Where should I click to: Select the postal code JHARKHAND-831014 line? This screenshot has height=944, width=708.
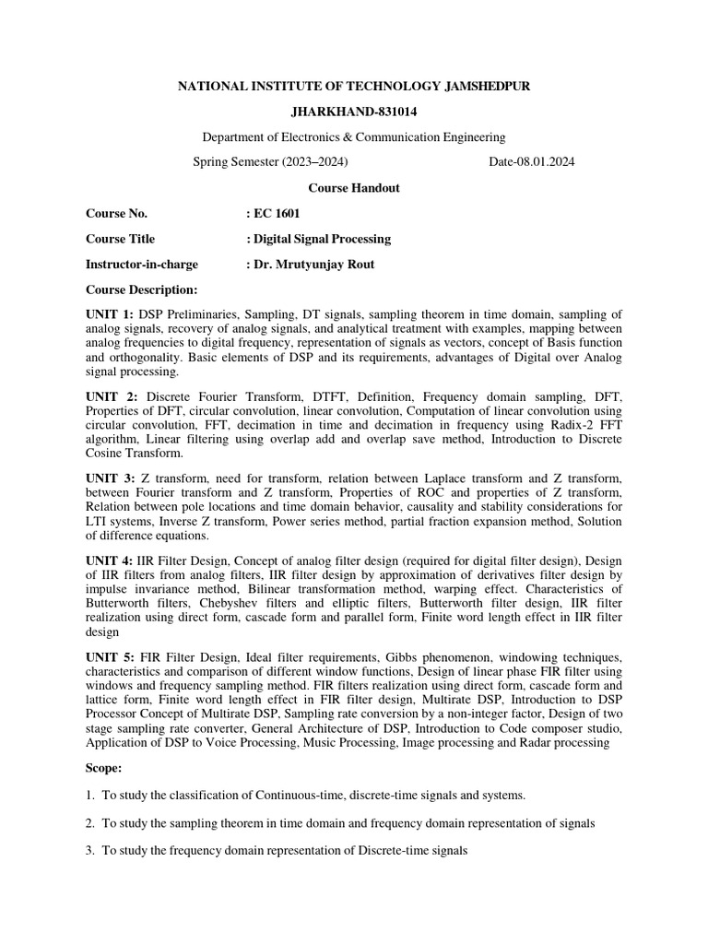[353, 112]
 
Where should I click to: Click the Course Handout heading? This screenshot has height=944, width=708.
[353, 188]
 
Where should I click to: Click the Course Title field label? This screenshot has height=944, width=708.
[121, 239]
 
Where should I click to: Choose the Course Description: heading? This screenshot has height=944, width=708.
[142, 290]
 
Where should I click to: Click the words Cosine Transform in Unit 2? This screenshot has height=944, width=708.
[135, 454]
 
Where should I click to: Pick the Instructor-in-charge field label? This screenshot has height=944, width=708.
[142, 265]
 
